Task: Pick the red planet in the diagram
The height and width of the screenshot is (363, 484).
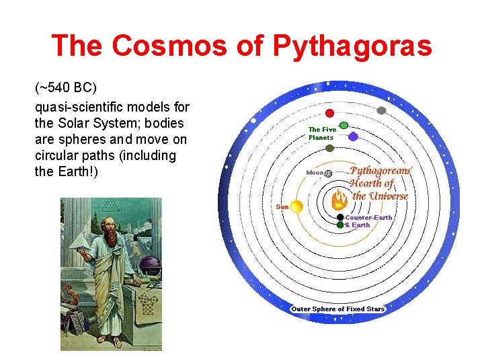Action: [329, 113]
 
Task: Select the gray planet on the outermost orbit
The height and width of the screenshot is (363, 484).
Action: [381, 110]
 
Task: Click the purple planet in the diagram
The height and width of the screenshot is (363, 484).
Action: [353, 136]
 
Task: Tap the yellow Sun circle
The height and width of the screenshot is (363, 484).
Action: [296, 207]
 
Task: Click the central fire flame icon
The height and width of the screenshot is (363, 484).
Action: [339, 200]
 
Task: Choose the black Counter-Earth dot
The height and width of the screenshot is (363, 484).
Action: [341, 217]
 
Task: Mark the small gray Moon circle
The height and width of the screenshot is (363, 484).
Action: [328, 173]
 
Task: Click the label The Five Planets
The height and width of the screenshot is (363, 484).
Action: [322, 133]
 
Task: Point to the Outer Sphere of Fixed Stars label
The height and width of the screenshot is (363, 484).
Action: [338, 309]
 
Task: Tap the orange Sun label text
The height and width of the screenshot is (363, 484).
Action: [282, 206]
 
